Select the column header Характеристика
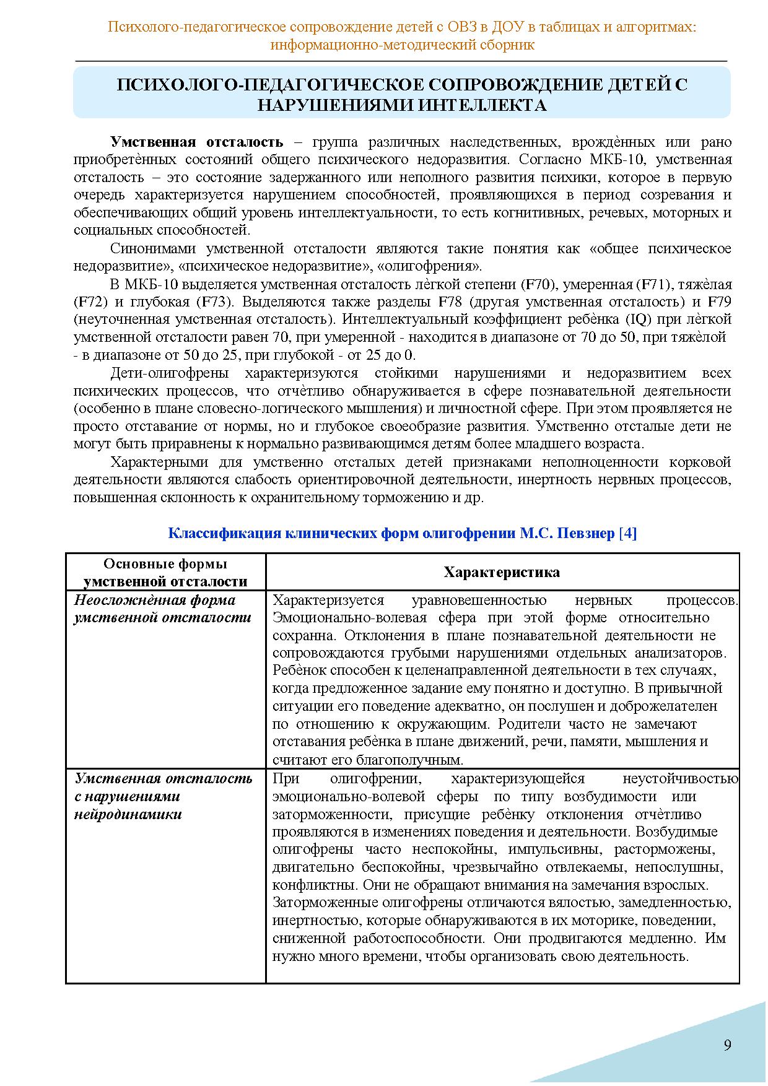click(x=502, y=572)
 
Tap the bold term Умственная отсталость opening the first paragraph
click(x=196, y=141)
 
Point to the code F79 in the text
click(x=719, y=302)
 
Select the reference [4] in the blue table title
click(x=627, y=533)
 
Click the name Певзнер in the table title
click(x=585, y=533)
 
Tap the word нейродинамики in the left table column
click(x=128, y=814)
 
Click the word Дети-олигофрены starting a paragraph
click(x=169, y=373)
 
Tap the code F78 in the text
click(x=450, y=302)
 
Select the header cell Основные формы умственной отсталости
click(x=165, y=572)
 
